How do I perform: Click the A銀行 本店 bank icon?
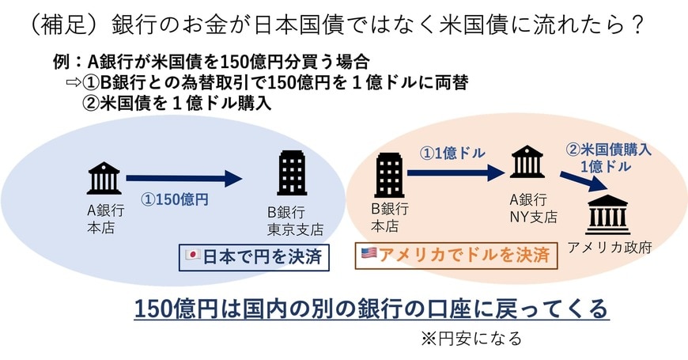[x=104, y=178]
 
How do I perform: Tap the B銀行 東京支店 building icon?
[x=293, y=173]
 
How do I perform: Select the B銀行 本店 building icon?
[x=389, y=175]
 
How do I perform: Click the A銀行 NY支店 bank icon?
[x=527, y=161]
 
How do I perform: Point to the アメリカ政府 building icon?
[x=607, y=214]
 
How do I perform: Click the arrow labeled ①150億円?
[x=184, y=178]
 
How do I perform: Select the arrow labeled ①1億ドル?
[x=456, y=172]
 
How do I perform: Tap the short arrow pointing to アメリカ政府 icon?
[x=584, y=182]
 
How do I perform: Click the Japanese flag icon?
[x=193, y=255]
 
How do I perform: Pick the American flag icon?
[x=369, y=253]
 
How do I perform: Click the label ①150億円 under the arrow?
[x=175, y=199]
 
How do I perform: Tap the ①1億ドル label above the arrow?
[x=452, y=153]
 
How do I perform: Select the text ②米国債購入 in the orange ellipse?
[x=608, y=150]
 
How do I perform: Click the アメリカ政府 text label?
[x=610, y=247]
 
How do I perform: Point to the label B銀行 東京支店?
[x=295, y=221]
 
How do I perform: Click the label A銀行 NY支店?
[x=533, y=208]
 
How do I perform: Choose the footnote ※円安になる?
[x=471, y=339]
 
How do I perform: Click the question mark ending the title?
[x=638, y=25]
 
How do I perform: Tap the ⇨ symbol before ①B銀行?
[x=74, y=82]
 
